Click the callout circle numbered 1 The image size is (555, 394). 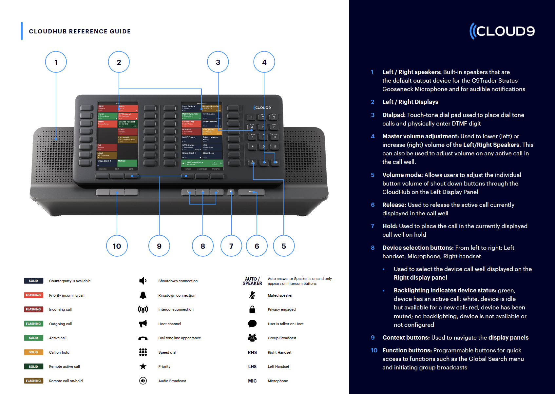click(x=56, y=62)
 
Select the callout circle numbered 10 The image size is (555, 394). click(x=117, y=246)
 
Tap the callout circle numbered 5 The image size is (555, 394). click(x=284, y=246)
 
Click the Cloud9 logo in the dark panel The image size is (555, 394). click(x=502, y=31)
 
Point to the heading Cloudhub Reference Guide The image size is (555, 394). click(x=80, y=31)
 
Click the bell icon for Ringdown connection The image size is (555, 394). click(x=143, y=295)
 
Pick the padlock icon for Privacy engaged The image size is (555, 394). click(x=252, y=309)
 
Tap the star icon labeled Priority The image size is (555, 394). click(x=143, y=366)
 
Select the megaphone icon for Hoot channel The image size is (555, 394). click(x=143, y=324)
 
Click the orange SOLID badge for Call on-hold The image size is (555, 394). click(x=33, y=352)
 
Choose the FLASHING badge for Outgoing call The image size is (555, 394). click(x=33, y=324)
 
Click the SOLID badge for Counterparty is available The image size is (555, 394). click(x=33, y=281)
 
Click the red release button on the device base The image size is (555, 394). click(x=251, y=192)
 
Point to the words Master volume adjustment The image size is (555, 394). click(x=421, y=136)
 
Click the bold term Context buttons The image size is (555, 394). click(x=406, y=337)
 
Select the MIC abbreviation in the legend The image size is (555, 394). click(x=252, y=381)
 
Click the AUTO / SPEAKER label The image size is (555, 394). click(x=252, y=281)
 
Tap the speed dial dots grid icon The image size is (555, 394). click(x=143, y=352)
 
